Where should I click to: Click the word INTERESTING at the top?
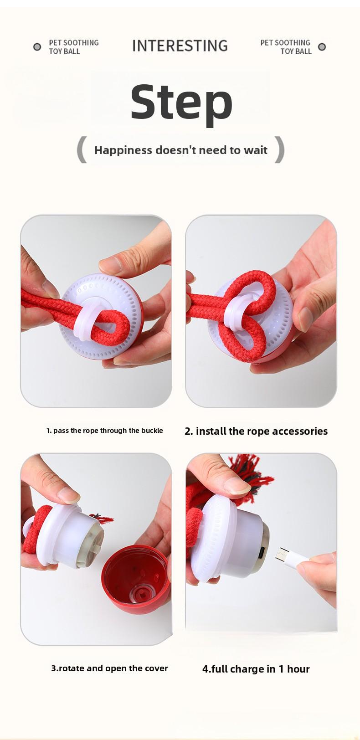coord(180,46)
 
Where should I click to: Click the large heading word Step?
coord(181,102)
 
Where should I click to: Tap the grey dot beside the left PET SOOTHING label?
coord(37,47)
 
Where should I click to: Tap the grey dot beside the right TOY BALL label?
coord(322,47)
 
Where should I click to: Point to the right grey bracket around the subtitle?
coord(279,149)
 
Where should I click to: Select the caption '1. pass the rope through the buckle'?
coord(104,431)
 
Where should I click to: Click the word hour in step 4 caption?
coord(298,669)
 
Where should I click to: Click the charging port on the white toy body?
coord(262,553)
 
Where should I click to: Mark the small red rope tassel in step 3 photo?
coord(103,519)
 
